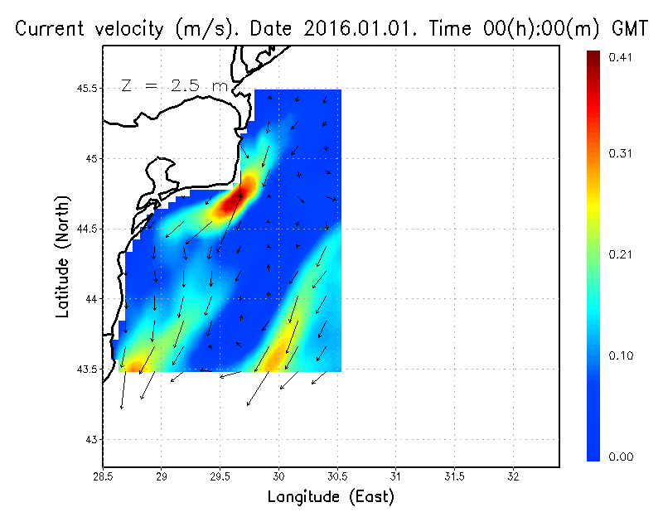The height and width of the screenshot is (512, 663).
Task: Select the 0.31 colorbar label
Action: (621, 153)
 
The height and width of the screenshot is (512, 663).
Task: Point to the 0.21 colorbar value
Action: (621, 254)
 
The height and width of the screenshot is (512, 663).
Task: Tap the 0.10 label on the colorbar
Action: (621, 355)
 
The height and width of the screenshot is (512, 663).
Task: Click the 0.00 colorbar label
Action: (621, 456)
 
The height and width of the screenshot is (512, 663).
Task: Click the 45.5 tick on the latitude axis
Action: (84, 88)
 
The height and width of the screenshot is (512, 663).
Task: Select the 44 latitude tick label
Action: (90, 298)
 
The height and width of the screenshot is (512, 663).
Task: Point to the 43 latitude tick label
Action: (90, 439)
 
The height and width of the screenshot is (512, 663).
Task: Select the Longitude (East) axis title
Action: (331, 496)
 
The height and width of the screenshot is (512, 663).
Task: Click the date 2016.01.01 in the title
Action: (358, 29)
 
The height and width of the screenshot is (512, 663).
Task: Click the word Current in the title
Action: (50, 29)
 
